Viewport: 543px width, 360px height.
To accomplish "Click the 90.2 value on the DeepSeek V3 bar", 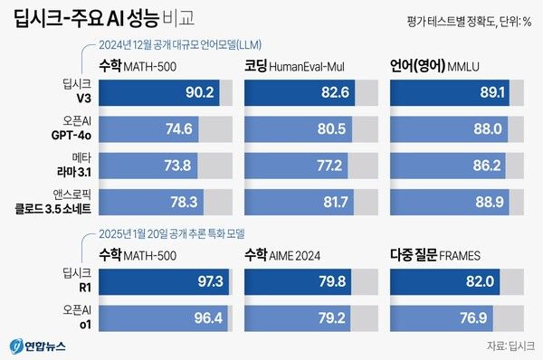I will pos(200,93).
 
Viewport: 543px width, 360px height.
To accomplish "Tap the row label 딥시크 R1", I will pos(76,281).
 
